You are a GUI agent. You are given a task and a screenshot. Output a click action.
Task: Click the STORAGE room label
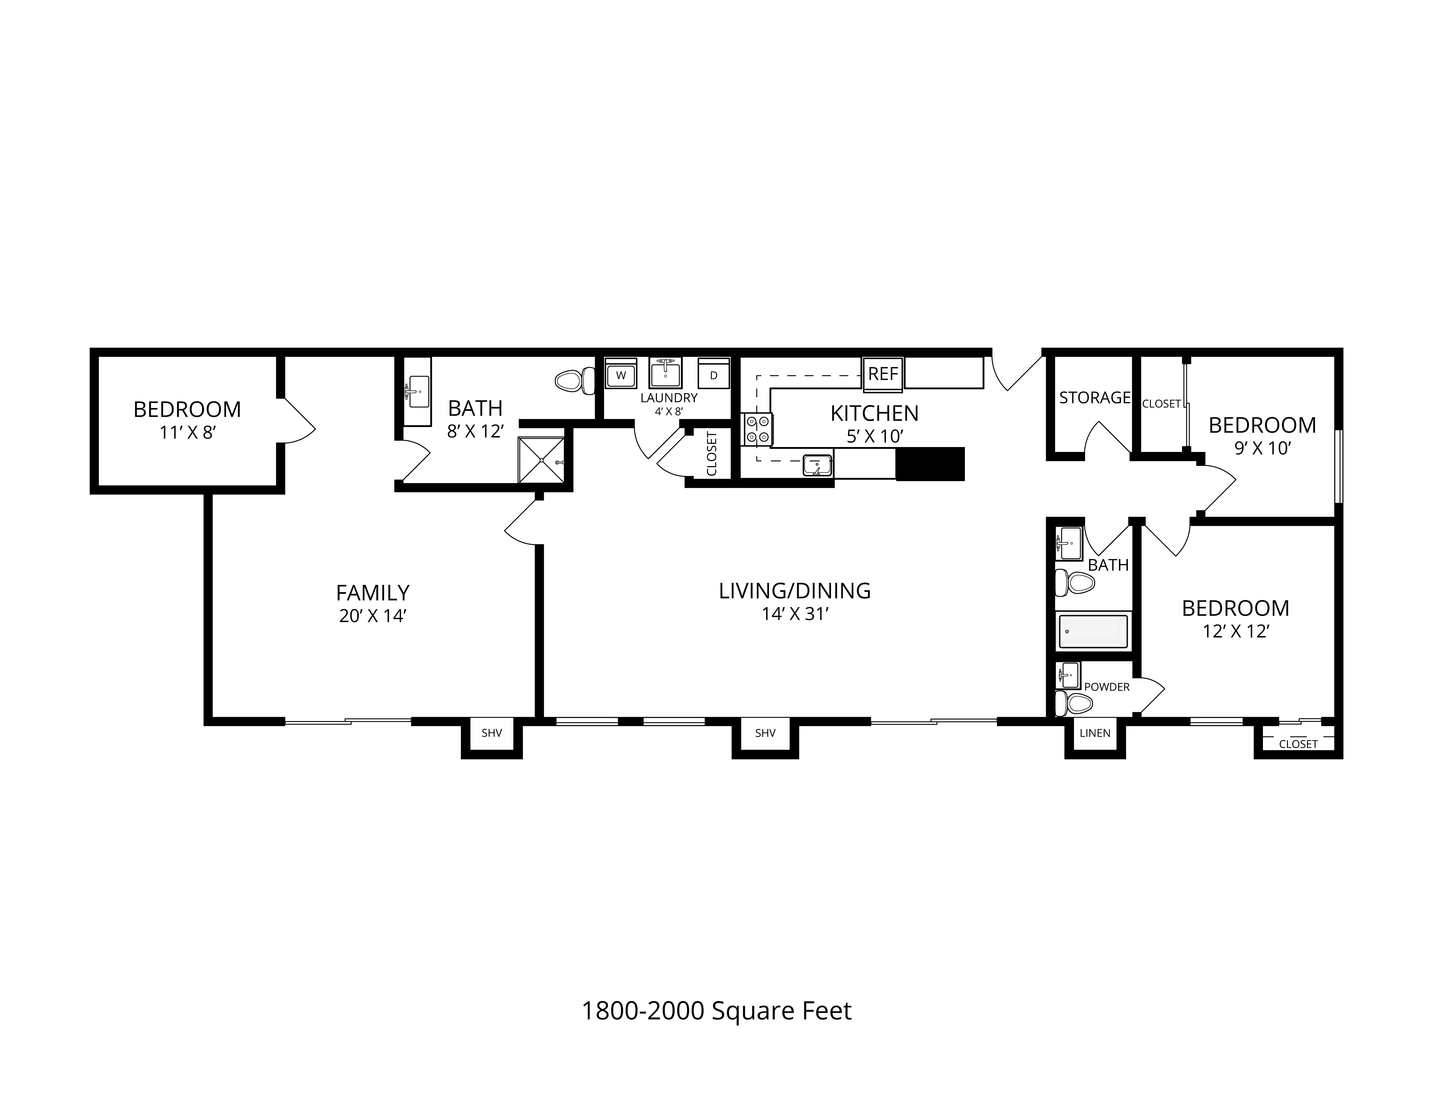(x=1094, y=397)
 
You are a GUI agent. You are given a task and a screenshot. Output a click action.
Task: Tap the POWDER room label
(x=1107, y=687)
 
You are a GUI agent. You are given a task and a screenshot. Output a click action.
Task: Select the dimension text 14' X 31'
(x=795, y=614)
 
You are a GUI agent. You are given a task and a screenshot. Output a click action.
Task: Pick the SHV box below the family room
(x=491, y=733)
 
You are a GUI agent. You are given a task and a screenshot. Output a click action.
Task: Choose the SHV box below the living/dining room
(x=765, y=733)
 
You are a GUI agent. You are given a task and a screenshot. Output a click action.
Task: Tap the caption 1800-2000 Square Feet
(x=716, y=1011)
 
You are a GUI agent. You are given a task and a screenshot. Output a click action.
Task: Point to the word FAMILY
(x=373, y=593)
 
